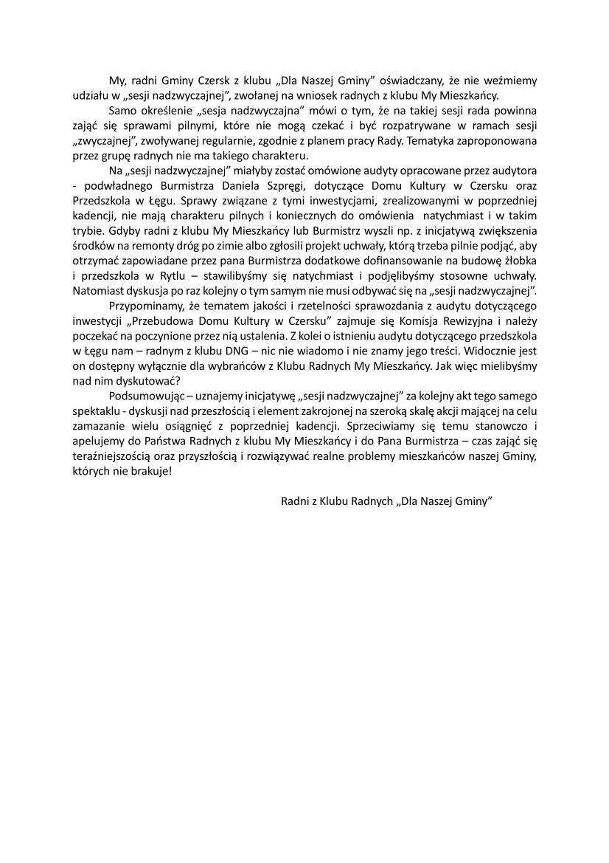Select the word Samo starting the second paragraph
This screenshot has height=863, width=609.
[122, 111]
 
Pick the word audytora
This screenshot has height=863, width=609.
[515, 170]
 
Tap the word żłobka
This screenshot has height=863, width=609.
[520, 259]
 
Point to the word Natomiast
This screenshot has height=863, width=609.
[98, 289]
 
